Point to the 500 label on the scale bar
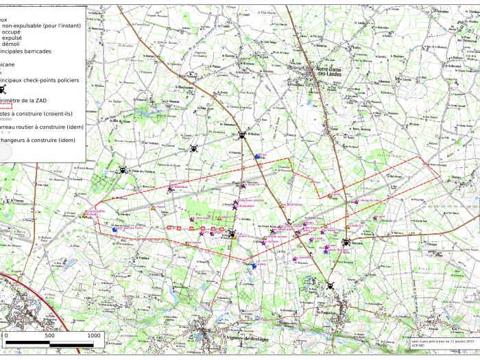pyautogui.click(x=49, y=335)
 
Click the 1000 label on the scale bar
pyautogui.click(x=93, y=335)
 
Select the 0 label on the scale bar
pyautogui.click(x=6, y=335)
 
